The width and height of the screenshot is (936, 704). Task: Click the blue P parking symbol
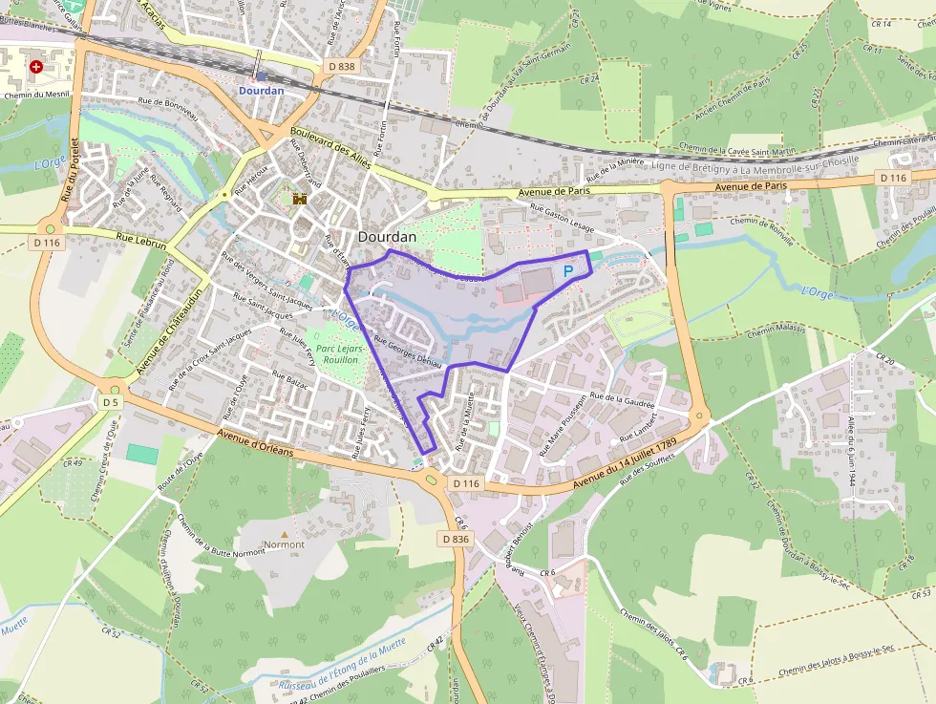(568, 271)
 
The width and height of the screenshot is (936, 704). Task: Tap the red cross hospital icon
(36, 67)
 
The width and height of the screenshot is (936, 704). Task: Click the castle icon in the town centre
(299, 199)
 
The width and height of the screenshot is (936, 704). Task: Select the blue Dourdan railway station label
(261, 91)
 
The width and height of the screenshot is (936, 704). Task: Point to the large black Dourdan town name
(387, 237)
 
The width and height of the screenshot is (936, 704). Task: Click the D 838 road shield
(339, 66)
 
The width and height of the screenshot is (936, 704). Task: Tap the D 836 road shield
(457, 539)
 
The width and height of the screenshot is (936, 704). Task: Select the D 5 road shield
(112, 402)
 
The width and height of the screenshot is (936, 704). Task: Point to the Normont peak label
(284, 544)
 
